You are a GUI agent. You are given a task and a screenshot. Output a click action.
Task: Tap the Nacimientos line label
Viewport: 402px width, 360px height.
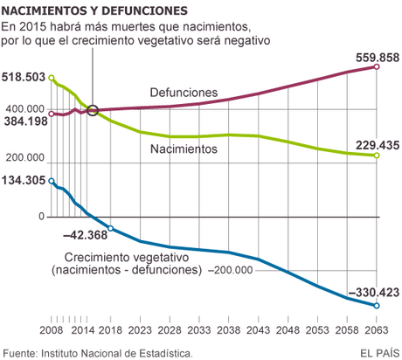(183, 149)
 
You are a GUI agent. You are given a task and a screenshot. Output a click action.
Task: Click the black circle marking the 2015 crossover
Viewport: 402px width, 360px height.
(93, 111)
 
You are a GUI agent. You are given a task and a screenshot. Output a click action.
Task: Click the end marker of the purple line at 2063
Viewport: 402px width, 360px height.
(377, 66)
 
